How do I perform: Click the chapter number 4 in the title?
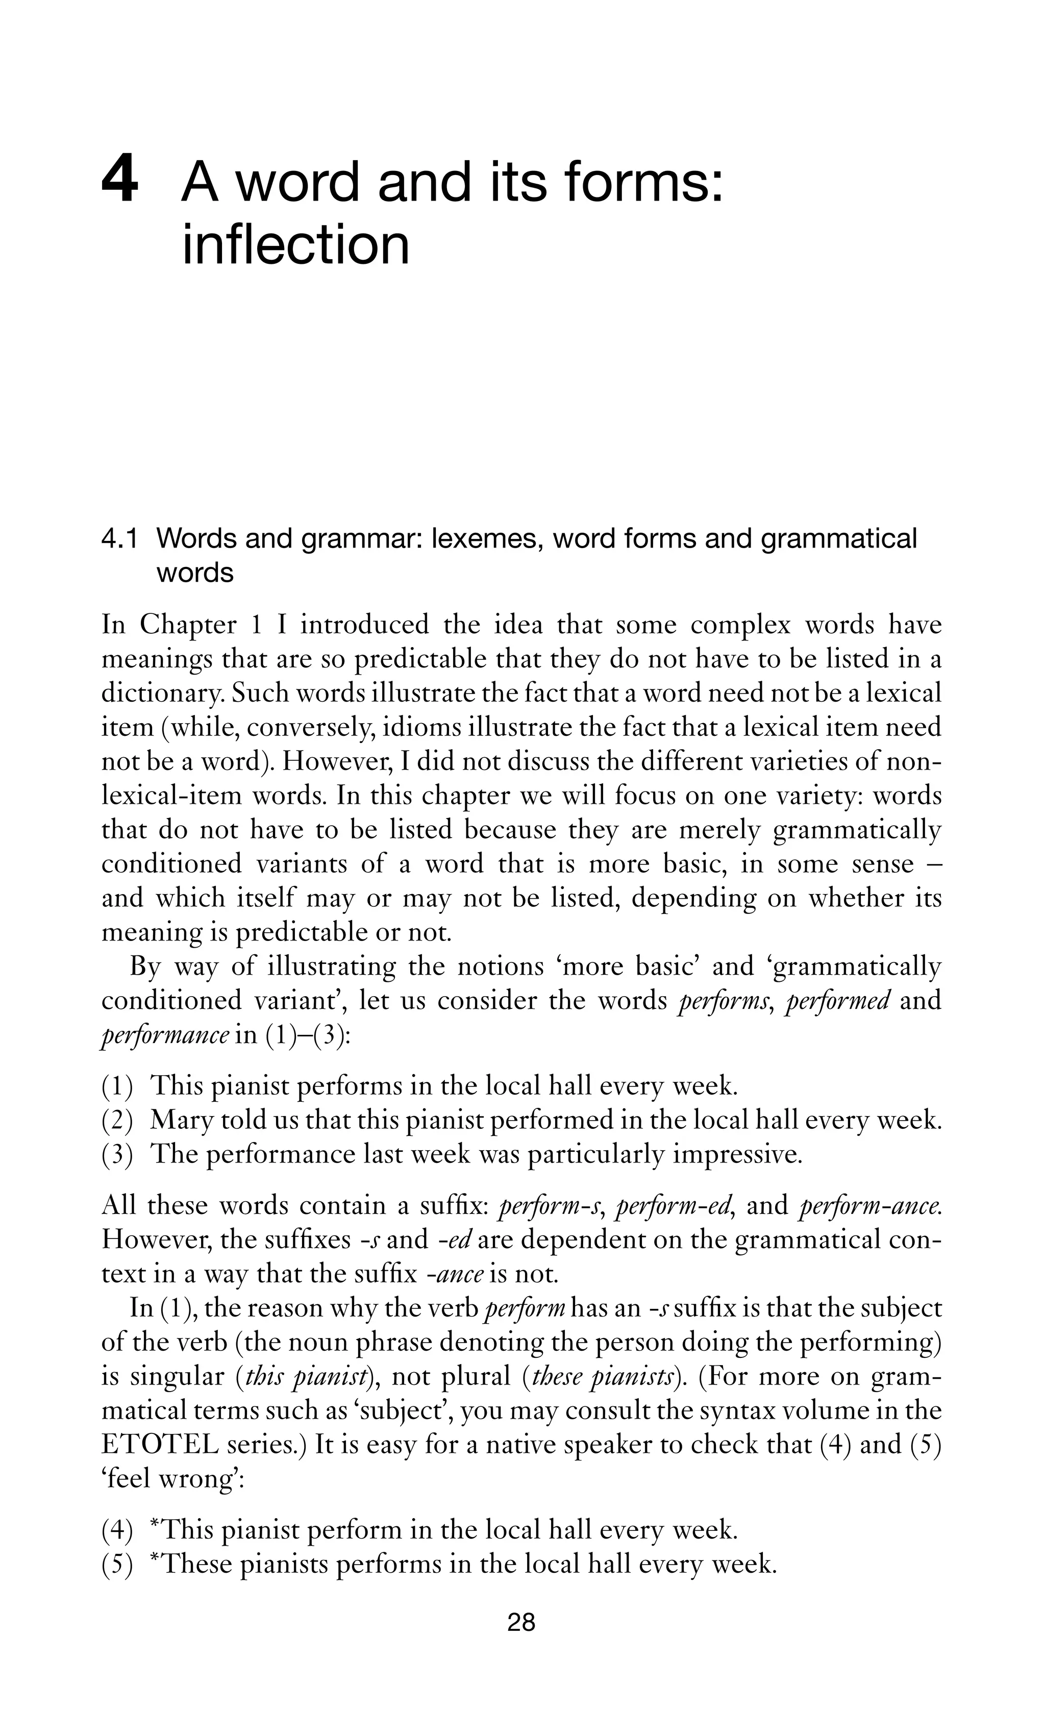(119, 182)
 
